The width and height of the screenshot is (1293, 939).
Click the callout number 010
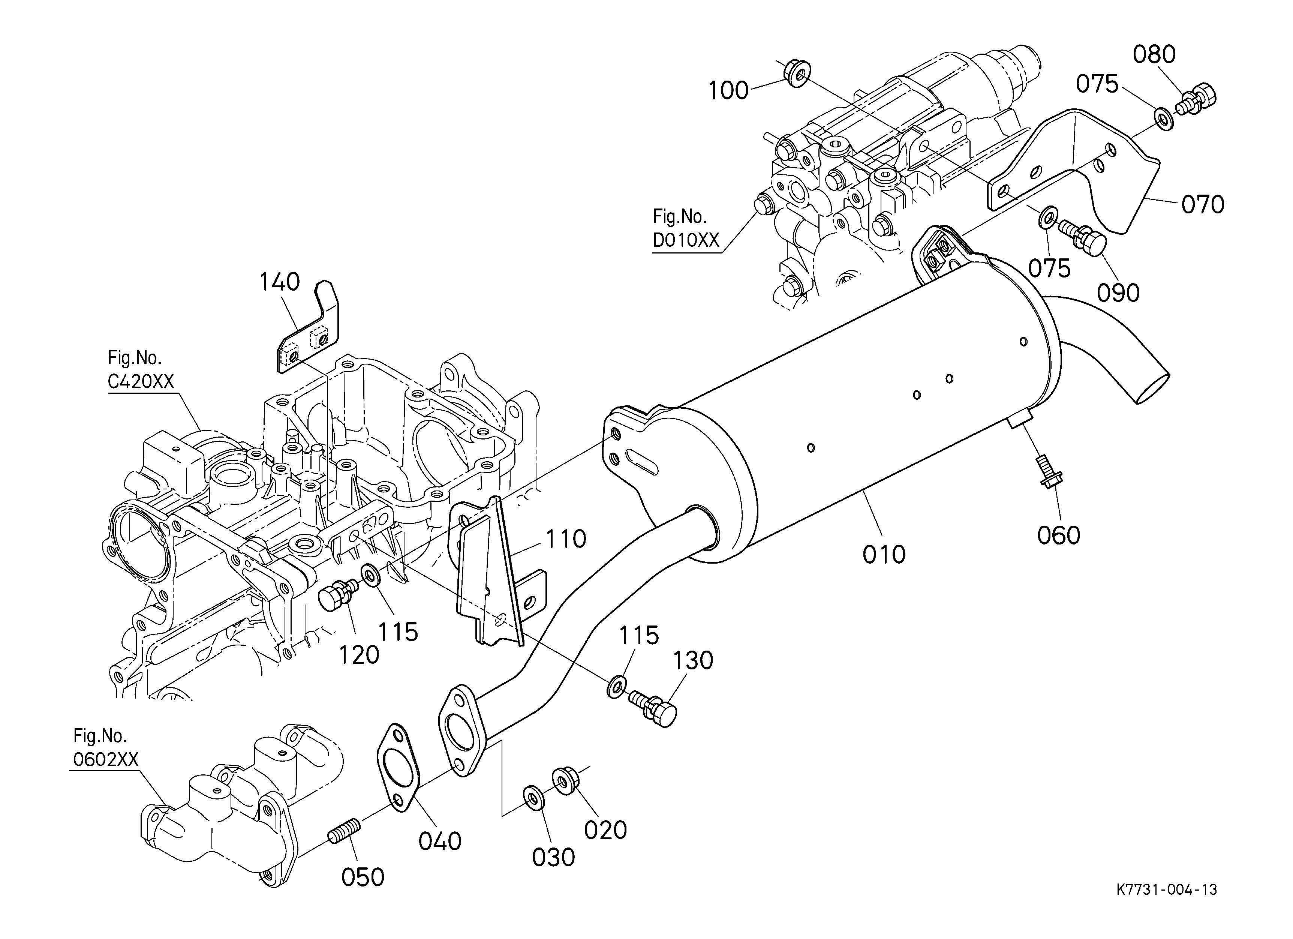pyautogui.click(x=884, y=555)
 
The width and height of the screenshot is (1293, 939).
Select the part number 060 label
pyautogui.click(x=1059, y=535)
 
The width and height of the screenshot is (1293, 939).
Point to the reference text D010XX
pyautogui.click(x=686, y=241)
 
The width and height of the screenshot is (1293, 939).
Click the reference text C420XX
pyautogui.click(x=141, y=381)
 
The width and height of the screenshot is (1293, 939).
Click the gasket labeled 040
pyautogui.click(x=398, y=767)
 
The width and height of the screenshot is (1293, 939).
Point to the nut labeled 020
pyautogui.click(x=563, y=780)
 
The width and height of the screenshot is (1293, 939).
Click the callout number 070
pyautogui.click(x=1202, y=204)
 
